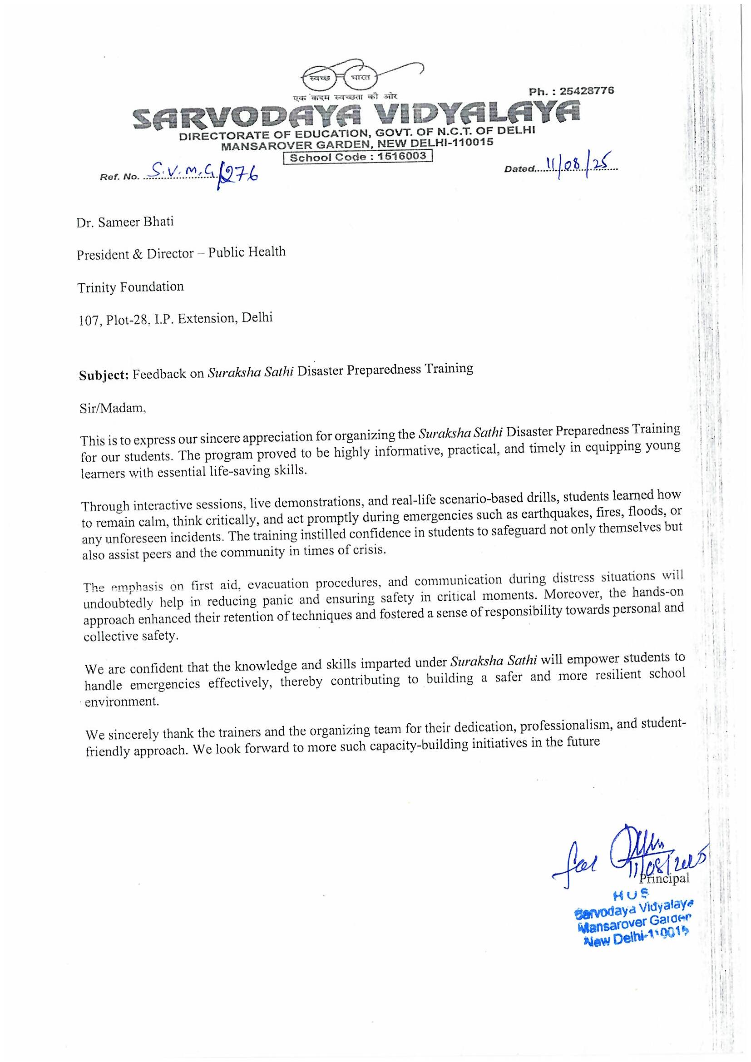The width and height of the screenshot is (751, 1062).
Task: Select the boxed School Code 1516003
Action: point(357,156)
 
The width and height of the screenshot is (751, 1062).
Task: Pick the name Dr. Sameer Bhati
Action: point(125,222)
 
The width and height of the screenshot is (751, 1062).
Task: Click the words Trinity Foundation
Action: point(130,287)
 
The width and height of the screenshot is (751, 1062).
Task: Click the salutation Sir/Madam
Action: point(113,409)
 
